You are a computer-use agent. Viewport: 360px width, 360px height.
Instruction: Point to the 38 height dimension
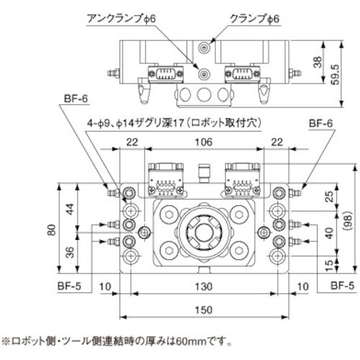point(318,62)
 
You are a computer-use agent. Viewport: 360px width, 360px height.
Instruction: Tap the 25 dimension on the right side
point(329,197)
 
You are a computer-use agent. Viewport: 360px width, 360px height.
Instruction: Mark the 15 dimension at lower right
point(329,264)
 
